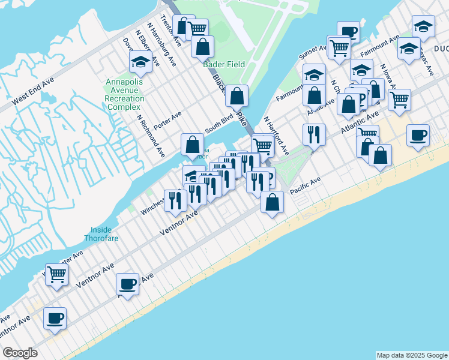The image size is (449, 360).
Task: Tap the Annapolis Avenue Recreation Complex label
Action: tap(125, 95)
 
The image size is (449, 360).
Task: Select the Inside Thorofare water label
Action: tap(104, 234)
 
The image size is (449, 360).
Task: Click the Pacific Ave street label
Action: tap(306, 184)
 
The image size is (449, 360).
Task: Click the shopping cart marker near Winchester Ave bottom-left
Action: tap(57, 275)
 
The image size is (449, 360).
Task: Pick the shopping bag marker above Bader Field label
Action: tap(203, 47)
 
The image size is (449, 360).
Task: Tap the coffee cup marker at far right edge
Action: tap(418, 136)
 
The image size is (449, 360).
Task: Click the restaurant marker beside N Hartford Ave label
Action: tap(314, 136)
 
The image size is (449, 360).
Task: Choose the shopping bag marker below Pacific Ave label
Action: tap(273, 202)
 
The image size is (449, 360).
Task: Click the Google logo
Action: tap(20, 353)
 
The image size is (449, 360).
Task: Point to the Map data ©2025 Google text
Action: tap(411, 355)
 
